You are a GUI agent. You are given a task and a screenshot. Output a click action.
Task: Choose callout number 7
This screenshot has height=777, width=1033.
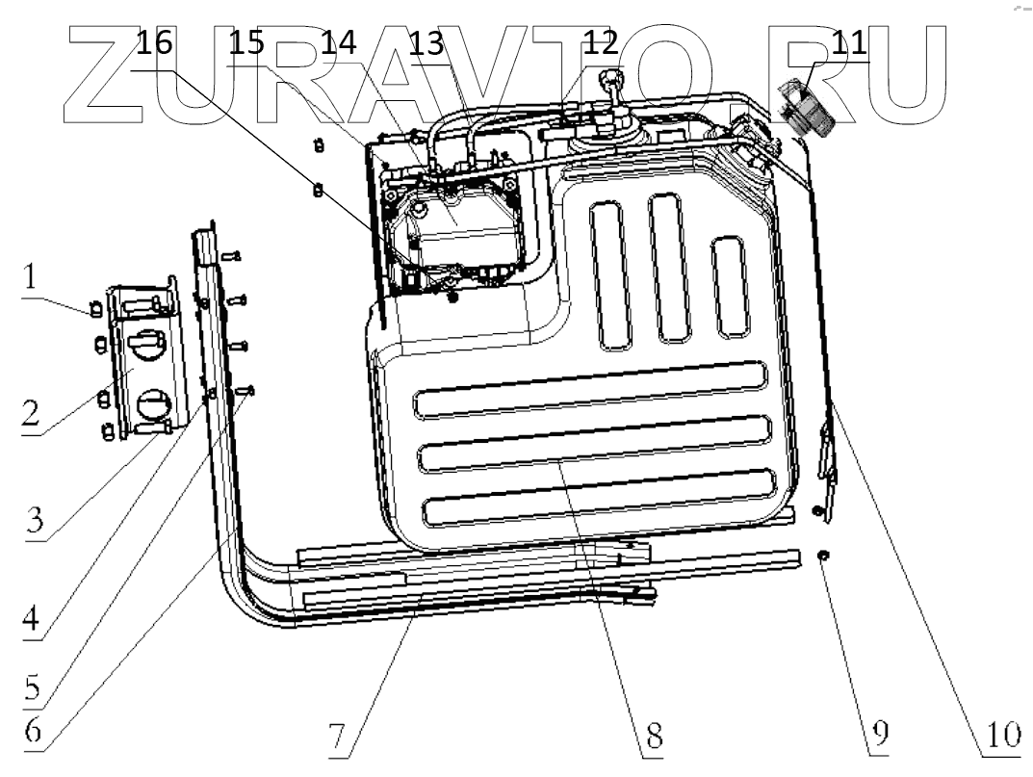pos(338,736)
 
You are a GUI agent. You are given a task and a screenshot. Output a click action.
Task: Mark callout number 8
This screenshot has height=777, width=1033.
pos(653,736)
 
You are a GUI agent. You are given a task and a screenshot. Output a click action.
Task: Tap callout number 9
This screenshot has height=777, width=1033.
pos(878,736)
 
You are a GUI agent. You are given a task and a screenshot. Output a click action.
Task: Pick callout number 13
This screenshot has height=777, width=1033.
pos(426,42)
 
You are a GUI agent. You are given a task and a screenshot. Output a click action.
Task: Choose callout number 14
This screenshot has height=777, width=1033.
pos(338,42)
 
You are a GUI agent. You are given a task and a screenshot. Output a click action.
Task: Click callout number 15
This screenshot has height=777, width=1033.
pos(246,42)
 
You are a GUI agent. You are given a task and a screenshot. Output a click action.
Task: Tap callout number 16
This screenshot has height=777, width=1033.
pos(154,44)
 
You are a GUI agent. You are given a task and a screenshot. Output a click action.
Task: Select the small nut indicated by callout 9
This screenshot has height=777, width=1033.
pos(824,556)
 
